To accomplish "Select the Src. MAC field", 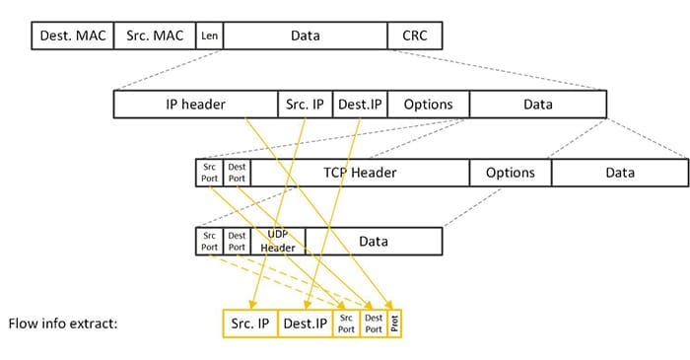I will [156, 36].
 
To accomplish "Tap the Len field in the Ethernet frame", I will [209, 36].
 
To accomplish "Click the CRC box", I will [415, 36].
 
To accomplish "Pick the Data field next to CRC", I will [306, 36].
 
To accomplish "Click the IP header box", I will [196, 105].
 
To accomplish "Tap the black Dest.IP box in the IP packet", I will [360, 105].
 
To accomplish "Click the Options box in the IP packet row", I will [428, 105].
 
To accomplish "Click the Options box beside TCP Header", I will [510, 173].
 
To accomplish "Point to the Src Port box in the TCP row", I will [210, 173].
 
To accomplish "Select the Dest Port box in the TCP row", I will [237, 173].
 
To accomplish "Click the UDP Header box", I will [278, 242].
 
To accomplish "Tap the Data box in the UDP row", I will [374, 242].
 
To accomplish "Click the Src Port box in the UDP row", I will [210, 242].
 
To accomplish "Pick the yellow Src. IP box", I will [250, 323].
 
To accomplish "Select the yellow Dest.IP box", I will [306, 323].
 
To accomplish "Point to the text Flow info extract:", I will [63, 323].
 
